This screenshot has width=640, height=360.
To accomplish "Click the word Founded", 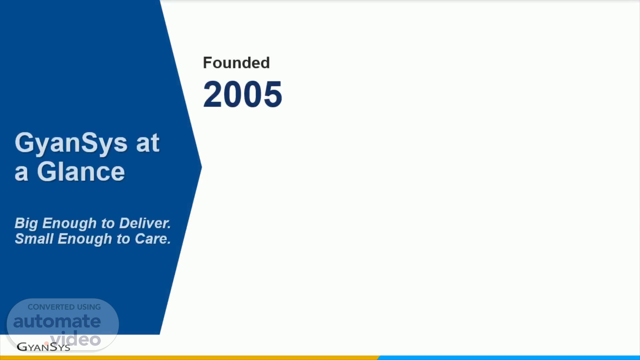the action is pos(236,63).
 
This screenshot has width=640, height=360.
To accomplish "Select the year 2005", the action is pos(243,94).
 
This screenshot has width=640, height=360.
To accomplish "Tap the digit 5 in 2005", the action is pos(273,94).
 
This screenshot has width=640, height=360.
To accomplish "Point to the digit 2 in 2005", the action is pos(213,94).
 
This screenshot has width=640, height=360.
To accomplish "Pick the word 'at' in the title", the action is pos(148,143).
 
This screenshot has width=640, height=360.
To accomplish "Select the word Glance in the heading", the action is pos(81,172).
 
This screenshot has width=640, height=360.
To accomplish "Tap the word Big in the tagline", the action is pos(26,223).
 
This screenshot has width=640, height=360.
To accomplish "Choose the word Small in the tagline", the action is pos(34,239).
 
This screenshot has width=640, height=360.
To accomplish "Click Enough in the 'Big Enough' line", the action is pos(69,223).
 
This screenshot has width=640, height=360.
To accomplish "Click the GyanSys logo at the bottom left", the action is pos(43,347).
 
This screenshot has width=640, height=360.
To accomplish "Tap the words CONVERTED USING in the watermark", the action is pos(64,307).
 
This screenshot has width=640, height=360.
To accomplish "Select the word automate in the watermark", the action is pos(57,321).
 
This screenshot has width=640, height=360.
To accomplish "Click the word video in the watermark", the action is pos(76,339).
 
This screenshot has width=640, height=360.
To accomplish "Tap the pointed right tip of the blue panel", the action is pos(202,167).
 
